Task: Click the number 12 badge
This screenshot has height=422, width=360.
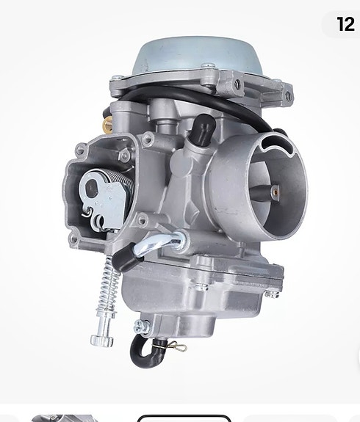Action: pos(345,24)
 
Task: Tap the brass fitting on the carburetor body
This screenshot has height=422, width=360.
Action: pos(108,123)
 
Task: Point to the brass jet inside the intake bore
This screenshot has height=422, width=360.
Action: pos(275,191)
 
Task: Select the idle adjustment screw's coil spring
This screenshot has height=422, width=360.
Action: pos(109,285)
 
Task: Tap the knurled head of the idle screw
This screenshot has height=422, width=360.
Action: pos(101,341)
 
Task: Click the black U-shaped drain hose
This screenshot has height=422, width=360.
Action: pos(145,352)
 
